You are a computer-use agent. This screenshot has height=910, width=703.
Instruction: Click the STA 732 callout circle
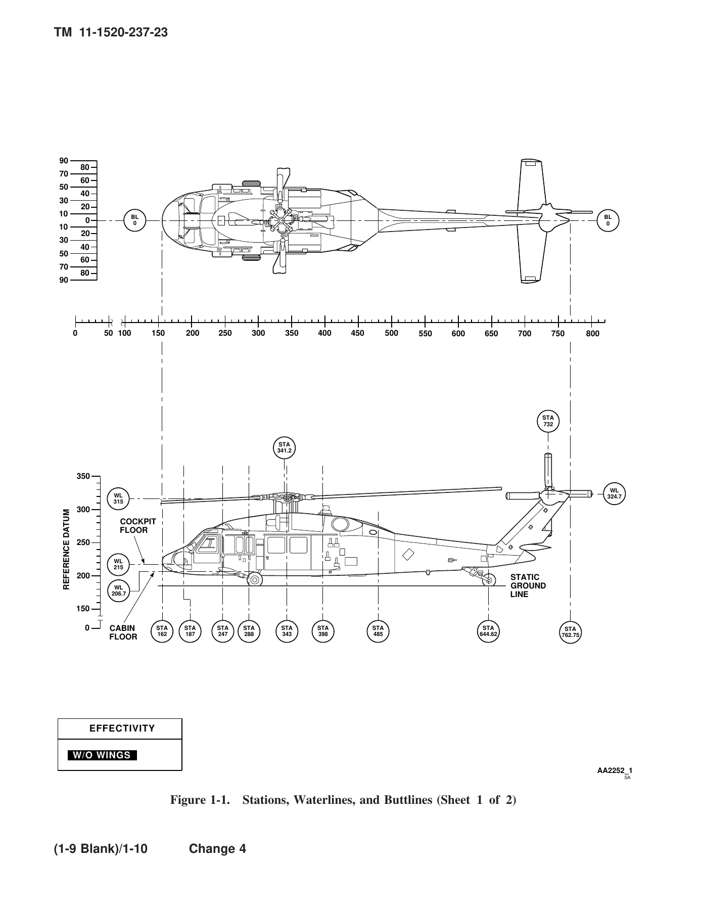(548, 421)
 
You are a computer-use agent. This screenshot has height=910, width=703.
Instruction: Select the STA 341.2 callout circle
(284, 447)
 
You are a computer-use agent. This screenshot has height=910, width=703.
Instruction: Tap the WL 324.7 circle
(615, 493)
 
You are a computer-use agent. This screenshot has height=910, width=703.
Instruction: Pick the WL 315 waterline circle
(118, 498)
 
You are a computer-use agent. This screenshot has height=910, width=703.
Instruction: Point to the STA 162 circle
(162, 631)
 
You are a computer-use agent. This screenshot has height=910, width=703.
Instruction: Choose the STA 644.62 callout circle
(488, 631)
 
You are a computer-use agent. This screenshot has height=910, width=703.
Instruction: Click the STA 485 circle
(378, 631)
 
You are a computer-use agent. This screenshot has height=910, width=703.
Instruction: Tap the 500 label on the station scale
(391, 333)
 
